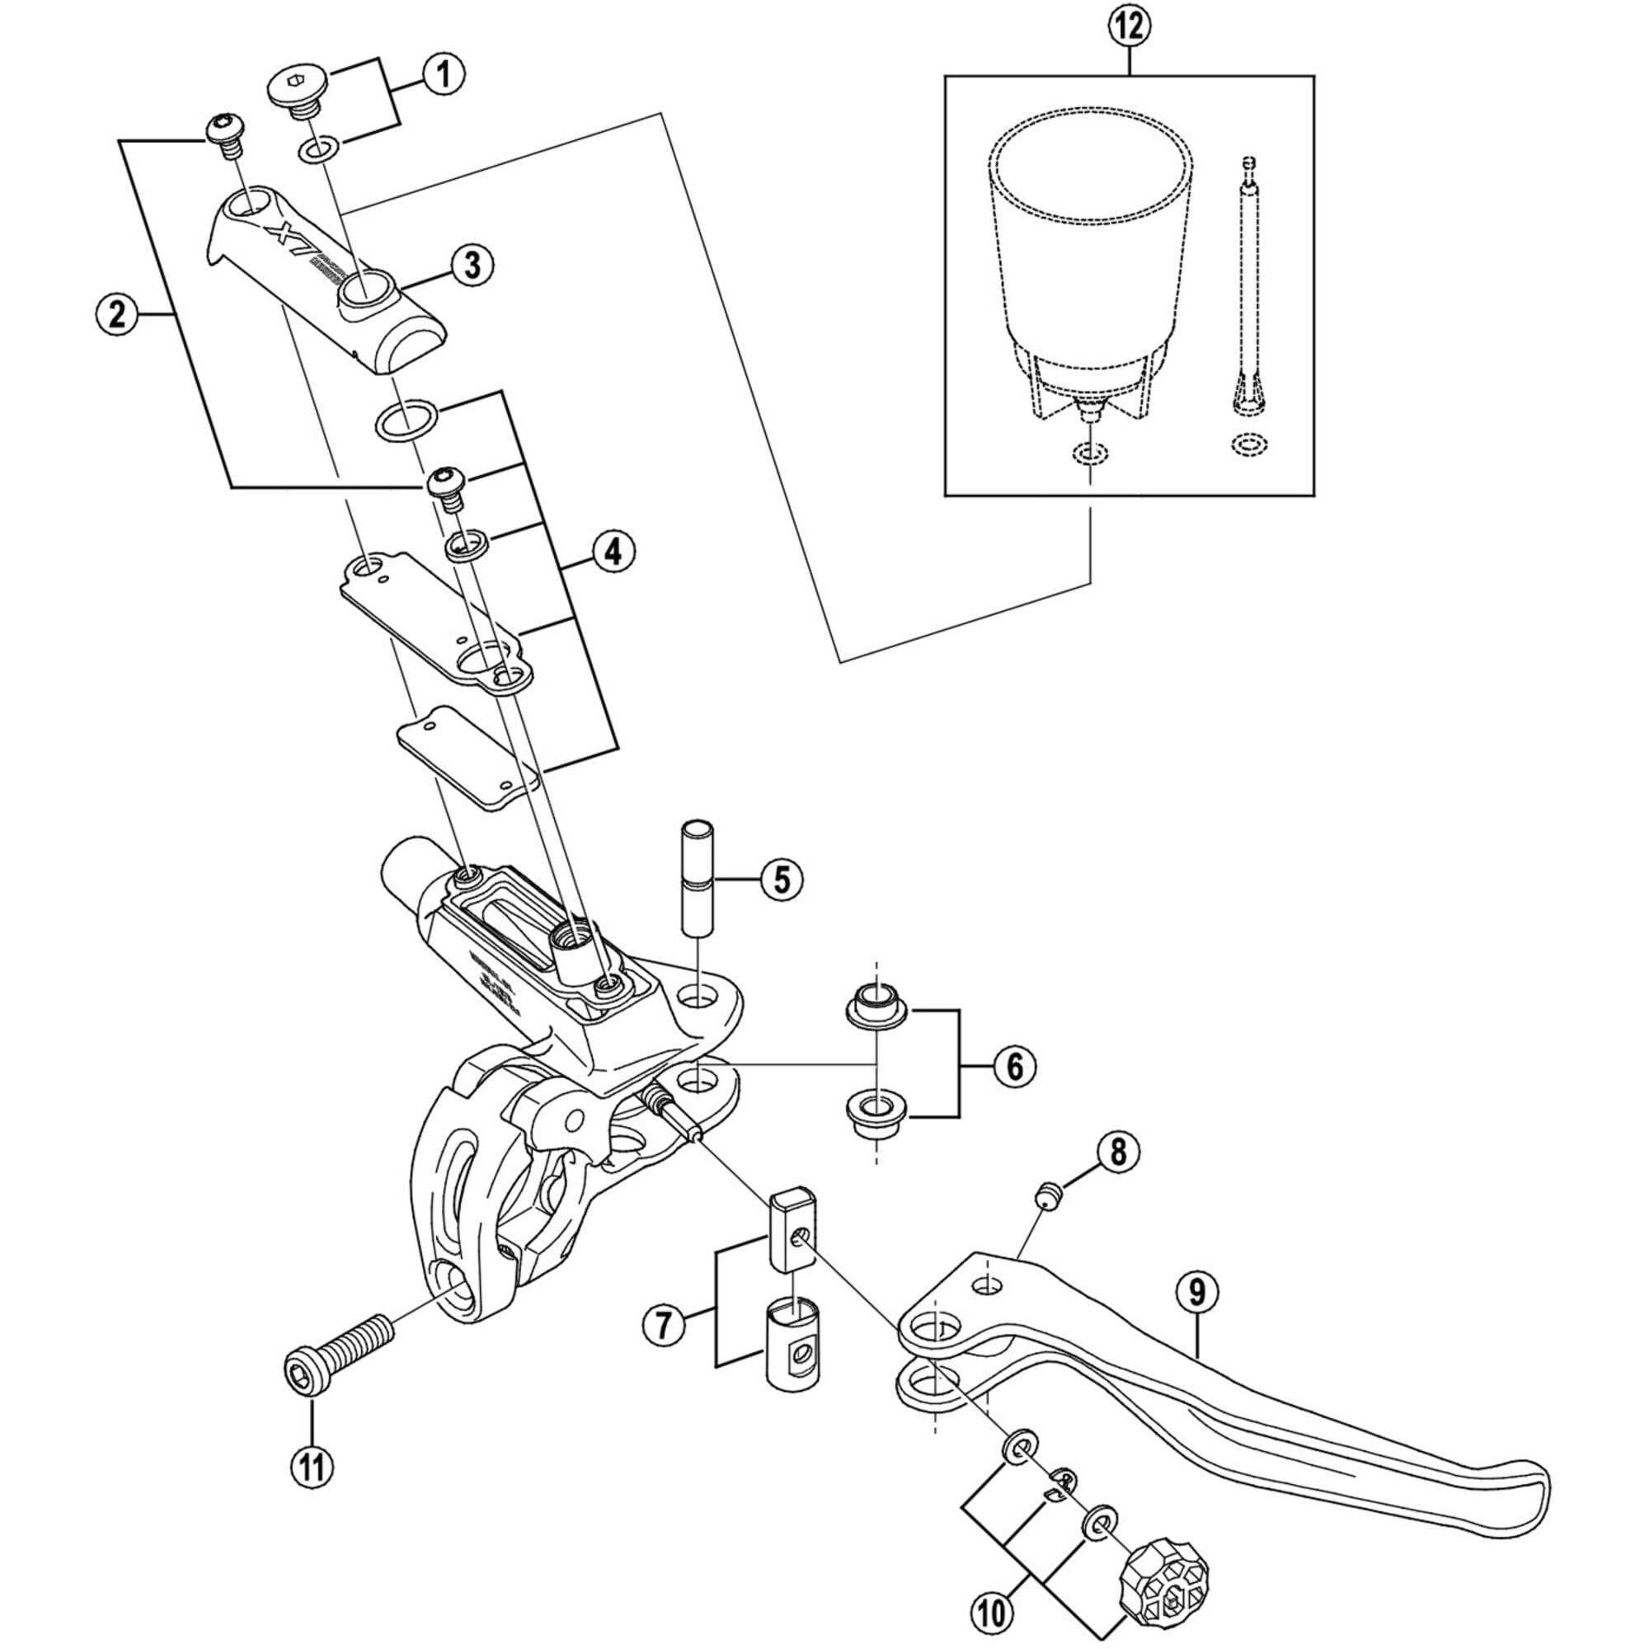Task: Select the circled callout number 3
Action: point(472,265)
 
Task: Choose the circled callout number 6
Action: point(1014,1066)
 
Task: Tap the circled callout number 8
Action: point(1118,1153)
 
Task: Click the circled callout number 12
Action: point(1130,26)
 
